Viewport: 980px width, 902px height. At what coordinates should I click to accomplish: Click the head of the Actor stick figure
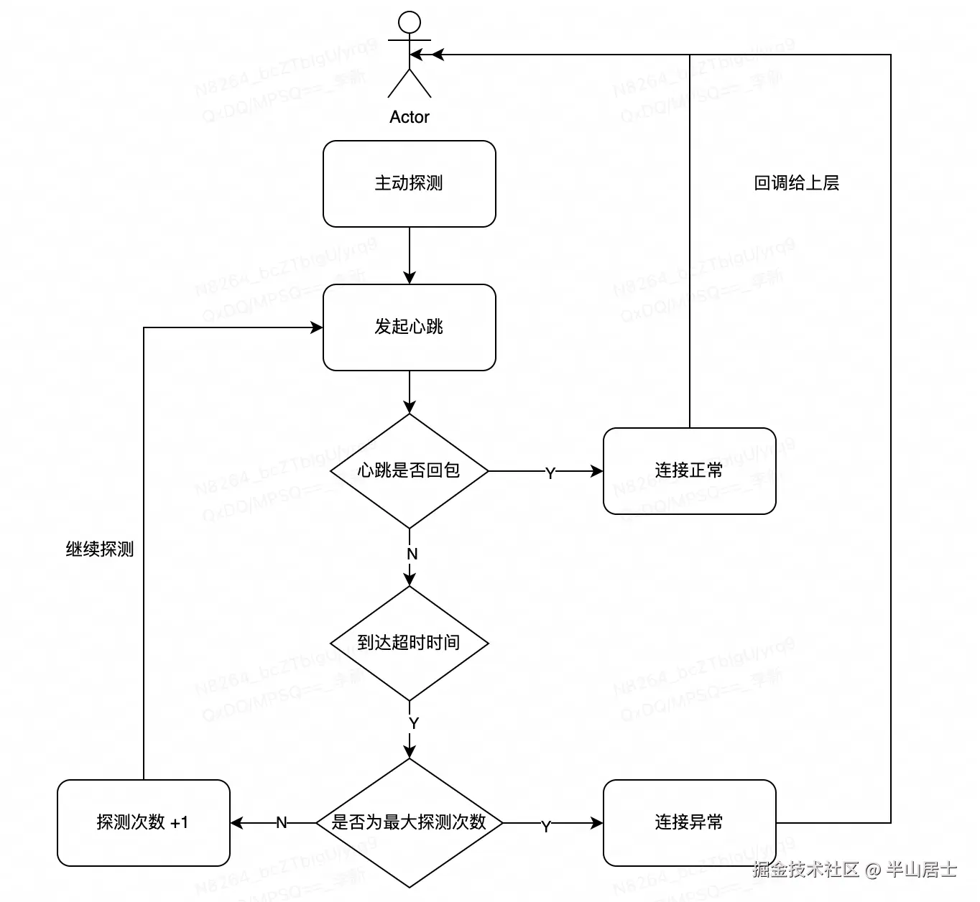pos(410,22)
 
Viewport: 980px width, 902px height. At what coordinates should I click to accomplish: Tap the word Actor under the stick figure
pos(410,117)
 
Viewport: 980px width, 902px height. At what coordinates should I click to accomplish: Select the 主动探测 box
pos(410,184)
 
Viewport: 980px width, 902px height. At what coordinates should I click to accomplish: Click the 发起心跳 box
pos(410,327)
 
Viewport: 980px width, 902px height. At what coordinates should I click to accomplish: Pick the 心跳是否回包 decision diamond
pos(410,471)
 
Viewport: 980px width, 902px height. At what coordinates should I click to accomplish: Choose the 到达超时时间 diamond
pos(410,643)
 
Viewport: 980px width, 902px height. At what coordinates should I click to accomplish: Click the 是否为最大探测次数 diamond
pos(410,823)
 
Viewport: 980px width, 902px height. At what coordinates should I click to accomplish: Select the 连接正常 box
pos(690,471)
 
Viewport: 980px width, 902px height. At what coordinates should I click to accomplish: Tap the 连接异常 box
pos(690,823)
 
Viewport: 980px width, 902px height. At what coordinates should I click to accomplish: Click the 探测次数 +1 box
pos(143,823)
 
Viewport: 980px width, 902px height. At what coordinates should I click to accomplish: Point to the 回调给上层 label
pos(797,183)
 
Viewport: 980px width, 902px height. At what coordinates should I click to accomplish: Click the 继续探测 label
pos(100,549)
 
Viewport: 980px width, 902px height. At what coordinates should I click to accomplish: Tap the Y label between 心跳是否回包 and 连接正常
pos(550,473)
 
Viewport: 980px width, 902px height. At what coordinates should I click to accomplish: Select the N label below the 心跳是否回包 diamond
pos(412,554)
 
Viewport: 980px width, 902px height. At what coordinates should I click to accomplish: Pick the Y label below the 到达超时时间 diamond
pos(413,723)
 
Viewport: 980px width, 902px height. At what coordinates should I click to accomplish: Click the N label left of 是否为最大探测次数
pos(281,823)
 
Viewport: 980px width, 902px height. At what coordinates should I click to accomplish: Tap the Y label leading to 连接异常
pos(546,827)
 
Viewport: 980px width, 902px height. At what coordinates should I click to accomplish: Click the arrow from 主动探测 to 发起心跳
pos(410,256)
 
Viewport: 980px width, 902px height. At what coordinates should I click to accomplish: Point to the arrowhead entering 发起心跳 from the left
pos(316,327)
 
